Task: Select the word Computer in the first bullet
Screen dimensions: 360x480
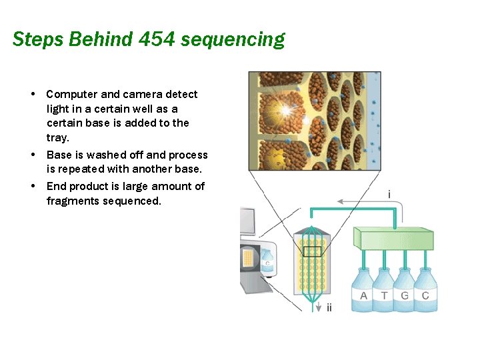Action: [x=71, y=95]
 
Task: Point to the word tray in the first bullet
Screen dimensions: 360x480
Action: [x=57, y=137]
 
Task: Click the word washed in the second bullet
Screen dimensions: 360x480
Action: [x=115, y=155]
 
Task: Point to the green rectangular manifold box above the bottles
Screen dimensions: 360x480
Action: [x=393, y=238]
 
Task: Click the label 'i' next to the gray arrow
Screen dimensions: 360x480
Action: [x=389, y=195]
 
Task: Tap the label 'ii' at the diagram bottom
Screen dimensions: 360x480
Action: [x=329, y=308]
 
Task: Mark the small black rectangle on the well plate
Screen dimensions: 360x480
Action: [x=312, y=251]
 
